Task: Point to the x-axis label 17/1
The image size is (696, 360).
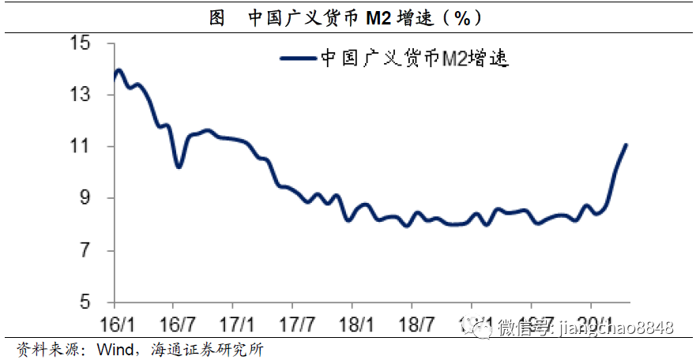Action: point(234,324)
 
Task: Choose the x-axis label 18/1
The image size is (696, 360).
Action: point(352,324)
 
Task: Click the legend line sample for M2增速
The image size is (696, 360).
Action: point(298,58)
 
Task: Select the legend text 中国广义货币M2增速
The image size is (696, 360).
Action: point(412,58)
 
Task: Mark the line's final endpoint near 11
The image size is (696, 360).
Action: point(626,144)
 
